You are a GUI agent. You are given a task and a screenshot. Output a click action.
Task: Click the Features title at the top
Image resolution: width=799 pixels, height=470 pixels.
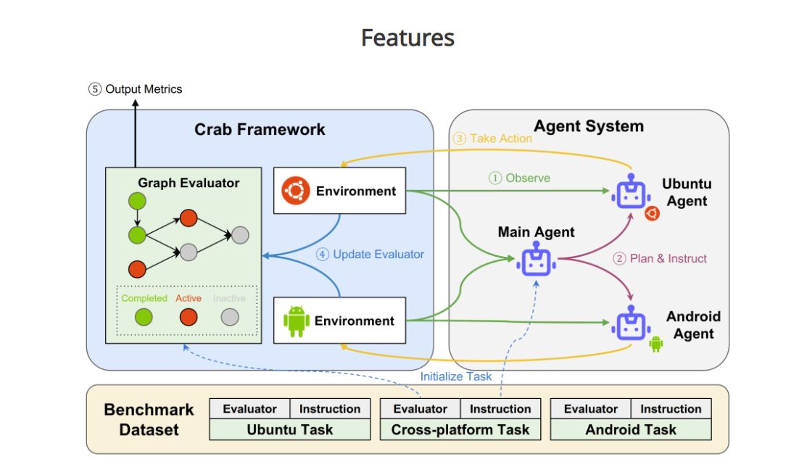407,38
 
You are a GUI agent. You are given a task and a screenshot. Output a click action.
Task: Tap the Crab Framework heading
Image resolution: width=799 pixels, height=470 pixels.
260,130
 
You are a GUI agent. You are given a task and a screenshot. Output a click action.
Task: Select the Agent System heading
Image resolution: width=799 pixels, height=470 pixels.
589,126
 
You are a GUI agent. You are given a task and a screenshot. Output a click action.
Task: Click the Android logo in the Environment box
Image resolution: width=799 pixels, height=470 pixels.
297,321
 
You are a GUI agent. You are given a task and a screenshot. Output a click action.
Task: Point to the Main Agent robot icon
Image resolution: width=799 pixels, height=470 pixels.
536,261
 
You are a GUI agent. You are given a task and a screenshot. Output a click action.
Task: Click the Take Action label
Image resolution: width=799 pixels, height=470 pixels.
492,139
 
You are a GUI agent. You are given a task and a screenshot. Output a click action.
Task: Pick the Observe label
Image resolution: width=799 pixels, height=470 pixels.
519,178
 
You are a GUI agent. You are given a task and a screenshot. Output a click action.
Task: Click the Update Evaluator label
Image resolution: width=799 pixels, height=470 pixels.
370,255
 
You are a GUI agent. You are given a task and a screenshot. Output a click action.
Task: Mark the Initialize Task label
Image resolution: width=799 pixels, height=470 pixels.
455,376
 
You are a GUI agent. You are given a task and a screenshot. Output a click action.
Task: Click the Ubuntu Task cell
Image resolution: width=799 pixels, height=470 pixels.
289,429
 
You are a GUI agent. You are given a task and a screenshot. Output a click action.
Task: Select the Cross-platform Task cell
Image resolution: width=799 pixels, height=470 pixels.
460,429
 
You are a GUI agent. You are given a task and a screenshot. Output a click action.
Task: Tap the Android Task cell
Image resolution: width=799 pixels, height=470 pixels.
630,429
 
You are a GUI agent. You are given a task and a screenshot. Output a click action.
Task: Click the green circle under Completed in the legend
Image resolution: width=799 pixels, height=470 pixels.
144,317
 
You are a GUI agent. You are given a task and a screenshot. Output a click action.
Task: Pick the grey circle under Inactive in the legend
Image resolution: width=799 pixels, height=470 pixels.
230,317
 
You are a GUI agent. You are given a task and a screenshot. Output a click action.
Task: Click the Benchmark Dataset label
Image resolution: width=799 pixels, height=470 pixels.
149,419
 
